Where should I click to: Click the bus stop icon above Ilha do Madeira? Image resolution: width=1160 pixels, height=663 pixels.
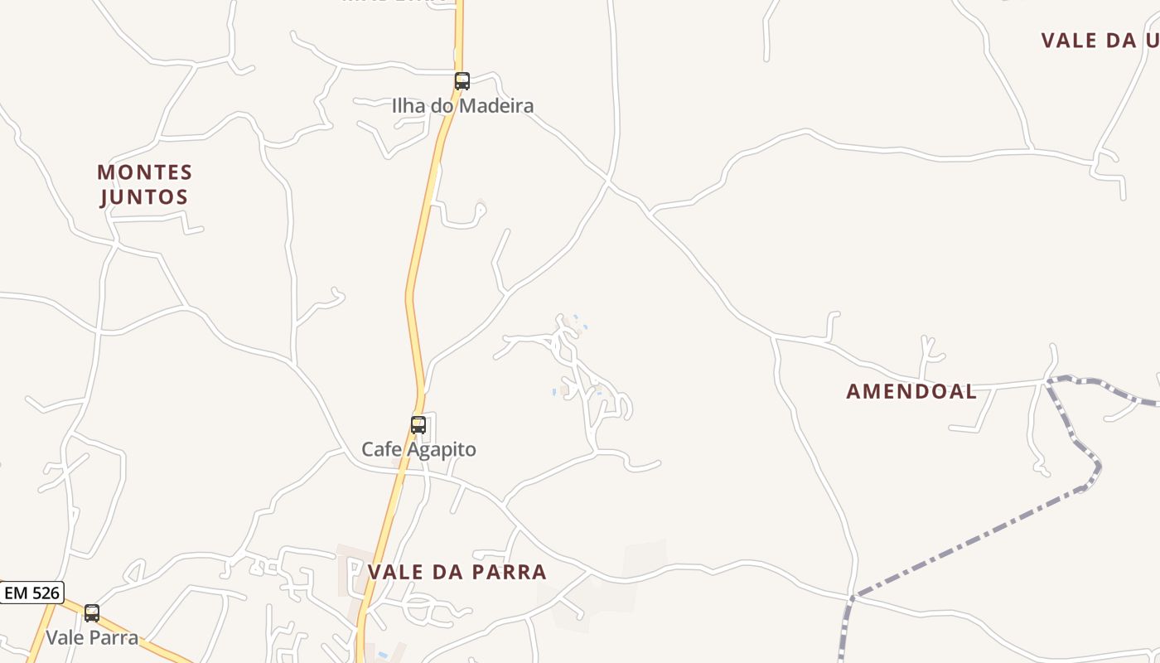click(x=462, y=81)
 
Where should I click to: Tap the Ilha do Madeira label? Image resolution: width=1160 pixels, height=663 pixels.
click(x=462, y=106)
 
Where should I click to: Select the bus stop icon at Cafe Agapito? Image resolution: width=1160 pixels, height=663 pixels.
click(x=418, y=425)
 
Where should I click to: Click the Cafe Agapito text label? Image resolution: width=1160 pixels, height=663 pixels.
click(x=418, y=450)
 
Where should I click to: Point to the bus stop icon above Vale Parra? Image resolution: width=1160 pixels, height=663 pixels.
click(x=92, y=613)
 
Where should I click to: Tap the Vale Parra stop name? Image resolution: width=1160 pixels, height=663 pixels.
click(x=92, y=638)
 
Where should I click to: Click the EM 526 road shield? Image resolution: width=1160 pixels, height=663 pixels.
click(x=31, y=593)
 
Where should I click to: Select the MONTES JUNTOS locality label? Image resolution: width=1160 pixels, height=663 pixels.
click(x=144, y=185)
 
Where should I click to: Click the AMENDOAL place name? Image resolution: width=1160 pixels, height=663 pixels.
click(x=911, y=392)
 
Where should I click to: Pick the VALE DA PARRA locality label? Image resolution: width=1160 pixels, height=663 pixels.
click(x=457, y=572)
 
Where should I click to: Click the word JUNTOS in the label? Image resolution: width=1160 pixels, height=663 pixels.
click(x=144, y=197)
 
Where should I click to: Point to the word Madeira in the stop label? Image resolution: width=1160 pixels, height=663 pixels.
click(x=496, y=106)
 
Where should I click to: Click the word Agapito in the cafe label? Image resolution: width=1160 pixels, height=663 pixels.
click(x=442, y=450)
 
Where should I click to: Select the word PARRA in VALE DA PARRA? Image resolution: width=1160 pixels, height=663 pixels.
click(x=510, y=572)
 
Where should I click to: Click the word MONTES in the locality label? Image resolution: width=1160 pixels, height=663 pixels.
click(x=144, y=172)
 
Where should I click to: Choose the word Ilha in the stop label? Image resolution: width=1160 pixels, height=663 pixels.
click(x=407, y=106)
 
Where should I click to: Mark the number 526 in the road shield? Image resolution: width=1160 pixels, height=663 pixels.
click(x=45, y=593)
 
